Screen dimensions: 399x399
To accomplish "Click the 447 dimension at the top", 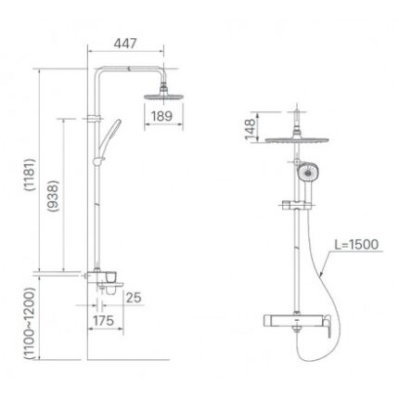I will coord(126,42).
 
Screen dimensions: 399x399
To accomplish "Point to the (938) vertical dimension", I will coord(53,194).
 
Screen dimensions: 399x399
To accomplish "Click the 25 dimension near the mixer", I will coord(133,298).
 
